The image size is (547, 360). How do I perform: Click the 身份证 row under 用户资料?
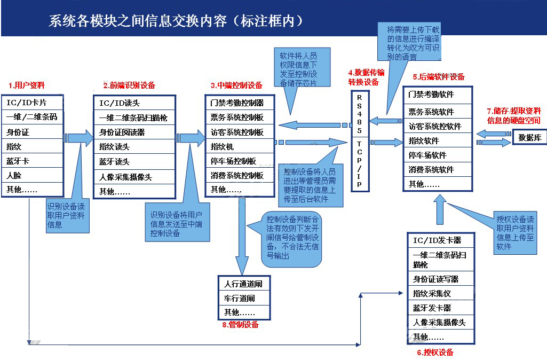click(x=32, y=131)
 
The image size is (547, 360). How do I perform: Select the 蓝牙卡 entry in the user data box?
click(x=32, y=160)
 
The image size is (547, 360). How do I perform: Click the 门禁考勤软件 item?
click(x=438, y=95)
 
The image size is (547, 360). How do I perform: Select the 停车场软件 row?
click(x=438, y=155)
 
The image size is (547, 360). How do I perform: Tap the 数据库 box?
click(x=530, y=137)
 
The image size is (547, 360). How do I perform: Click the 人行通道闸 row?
click(x=244, y=284)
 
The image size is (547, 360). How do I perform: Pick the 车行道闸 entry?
click(x=244, y=298)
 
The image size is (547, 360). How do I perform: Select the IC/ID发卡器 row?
click(x=440, y=240)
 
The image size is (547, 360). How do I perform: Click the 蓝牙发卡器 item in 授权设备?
click(x=440, y=308)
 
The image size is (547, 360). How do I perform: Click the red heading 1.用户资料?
click(x=27, y=85)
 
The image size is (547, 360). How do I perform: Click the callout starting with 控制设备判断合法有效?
click(x=292, y=238)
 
